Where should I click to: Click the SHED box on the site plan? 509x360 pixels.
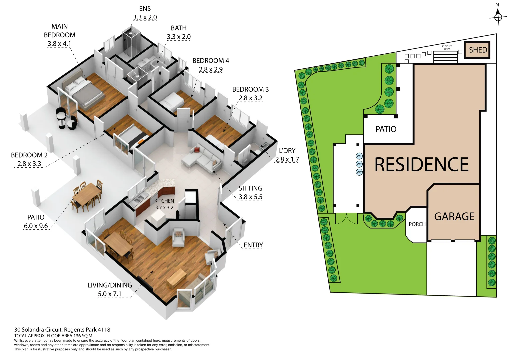click(477, 50)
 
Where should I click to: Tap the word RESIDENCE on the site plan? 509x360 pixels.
click(421, 164)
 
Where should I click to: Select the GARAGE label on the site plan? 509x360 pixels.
click(454, 217)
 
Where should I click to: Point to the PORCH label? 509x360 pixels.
click(417, 224)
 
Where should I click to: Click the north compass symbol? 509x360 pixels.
click(498, 17)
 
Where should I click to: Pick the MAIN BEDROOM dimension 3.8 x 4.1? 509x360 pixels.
click(59, 44)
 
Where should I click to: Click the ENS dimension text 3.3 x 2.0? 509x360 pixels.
click(145, 17)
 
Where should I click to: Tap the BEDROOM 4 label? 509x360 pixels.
click(211, 61)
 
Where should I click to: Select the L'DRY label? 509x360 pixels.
click(287, 151)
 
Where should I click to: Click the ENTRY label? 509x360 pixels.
click(253, 245)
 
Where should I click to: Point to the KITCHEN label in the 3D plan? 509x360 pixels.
click(164, 201)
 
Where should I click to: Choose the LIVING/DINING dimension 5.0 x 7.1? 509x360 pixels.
click(109, 294)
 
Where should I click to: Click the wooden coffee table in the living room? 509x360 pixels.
click(176, 278)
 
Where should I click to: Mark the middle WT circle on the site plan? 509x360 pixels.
click(359, 164)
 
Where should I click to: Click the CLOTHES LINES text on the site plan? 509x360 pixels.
click(447, 48)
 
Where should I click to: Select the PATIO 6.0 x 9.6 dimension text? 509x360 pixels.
click(36, 226)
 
